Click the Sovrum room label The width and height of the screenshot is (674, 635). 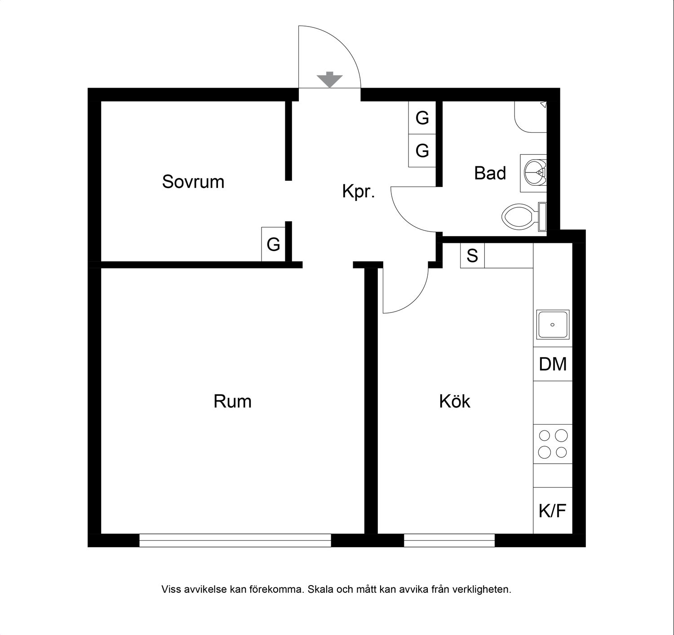pyautogui.click(x=193, y=182)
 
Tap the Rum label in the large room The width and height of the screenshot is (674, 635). pyautogui.click(x=232, y=401)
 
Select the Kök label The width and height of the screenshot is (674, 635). pyautogui.click(x=454, y=401)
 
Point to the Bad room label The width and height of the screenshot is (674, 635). pyautogui.click(x=490, y=173)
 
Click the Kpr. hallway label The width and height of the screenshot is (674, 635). pyautogui.click(x=359, y=191)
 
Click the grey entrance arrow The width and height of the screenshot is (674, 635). pyautogui.click(x=329, y=80)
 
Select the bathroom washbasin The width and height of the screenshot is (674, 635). pyautogui.click(x=533, y=173)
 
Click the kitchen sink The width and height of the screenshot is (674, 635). pyautogui.click(x=553, y=324)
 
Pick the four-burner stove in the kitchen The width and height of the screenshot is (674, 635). pyautogui.click(x=553, y=444)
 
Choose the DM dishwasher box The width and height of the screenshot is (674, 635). pyautogui.click(x=553, y=364)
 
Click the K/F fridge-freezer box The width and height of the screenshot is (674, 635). pyautogui.click(x=553, y=510)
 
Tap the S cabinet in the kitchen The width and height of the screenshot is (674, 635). pyautogui.click(x=472, y=255)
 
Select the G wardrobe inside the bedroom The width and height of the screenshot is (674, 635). pyautogui.click(x=273, y=244)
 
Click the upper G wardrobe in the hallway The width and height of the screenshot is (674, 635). pyautogui.click(x=422, y=117)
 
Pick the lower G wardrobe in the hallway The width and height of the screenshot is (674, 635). pyautogui.click(x=422, y=151)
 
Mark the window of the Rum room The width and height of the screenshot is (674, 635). pyautogui.click(x=235, y=540)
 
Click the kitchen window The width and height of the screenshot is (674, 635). pyautogui.click(x=449, y=540)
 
